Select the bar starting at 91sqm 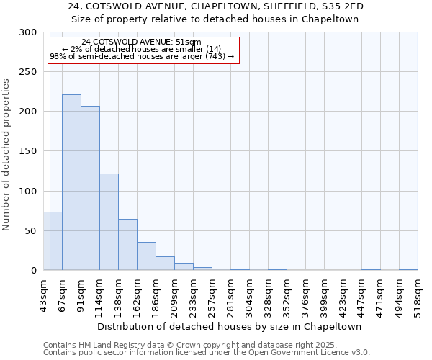coord(90,188)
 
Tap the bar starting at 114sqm coord(109,222)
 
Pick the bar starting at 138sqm coord(127,245)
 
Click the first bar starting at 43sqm coord(53,241)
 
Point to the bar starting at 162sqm coord(146,256)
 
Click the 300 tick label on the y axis coord(28,32)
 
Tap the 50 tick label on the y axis coord(31,231)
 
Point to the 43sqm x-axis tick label coord(43,294)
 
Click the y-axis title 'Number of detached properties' coord(6,155)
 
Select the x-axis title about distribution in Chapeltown coord(229,326)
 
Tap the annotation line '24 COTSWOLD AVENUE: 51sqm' coord(142,42)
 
